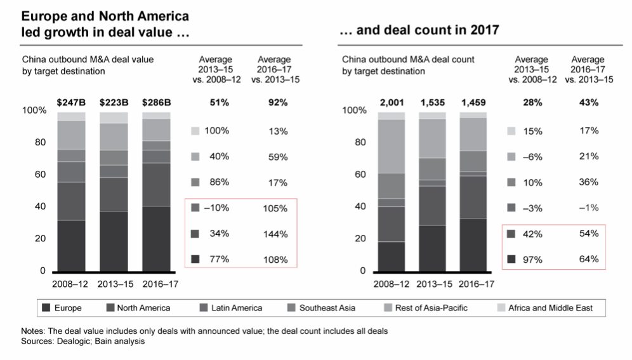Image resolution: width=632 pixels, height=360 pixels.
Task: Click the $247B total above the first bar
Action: (x=71, y=102)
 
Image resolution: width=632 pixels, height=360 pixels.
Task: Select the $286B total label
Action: (x=155, y=102)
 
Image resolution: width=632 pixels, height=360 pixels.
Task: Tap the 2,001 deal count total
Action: (x=392, y=102)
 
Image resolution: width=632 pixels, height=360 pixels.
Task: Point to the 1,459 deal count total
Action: (x=473, y=102)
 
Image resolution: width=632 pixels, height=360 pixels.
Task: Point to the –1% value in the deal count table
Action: (x=589, y=208)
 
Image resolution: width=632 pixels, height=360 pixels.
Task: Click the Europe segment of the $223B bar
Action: (x=113, y=241)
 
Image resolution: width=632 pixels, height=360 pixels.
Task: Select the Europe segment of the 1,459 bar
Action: (x=473, y=244)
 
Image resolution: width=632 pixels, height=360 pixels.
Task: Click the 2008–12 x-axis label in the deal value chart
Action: (x=71, y=284)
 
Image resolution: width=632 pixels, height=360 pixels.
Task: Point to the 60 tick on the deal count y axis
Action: (x=359, y=175)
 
